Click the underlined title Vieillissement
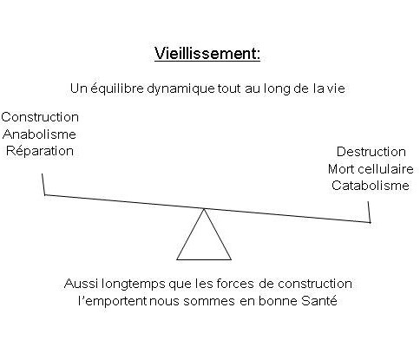click(207, 54)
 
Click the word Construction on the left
click(40, 117)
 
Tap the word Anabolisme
click(39, 134)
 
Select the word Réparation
click(40, 151)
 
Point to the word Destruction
click(371, 152)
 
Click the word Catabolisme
click(371, 186)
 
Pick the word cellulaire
click(386, 169)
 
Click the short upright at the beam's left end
click(43, 184)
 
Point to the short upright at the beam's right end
click(369, 212)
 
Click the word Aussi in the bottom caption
click(82, 284)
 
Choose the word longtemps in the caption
click(134, 285)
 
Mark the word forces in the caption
click(235, 284)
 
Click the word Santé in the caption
click(319, 301)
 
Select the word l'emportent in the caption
click(113, 301)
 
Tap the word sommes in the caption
click(209, 301)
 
